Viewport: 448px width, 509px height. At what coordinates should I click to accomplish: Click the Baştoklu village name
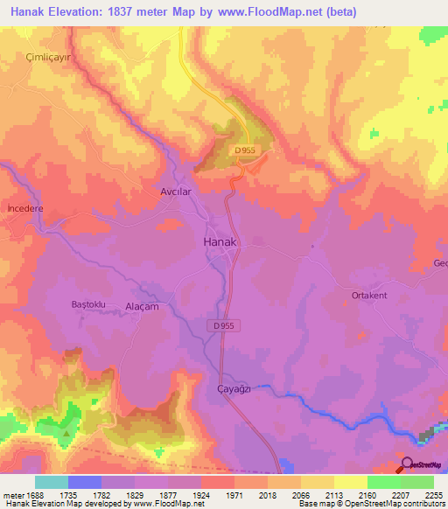(87, 303)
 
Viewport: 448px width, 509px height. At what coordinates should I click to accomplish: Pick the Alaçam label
(142, 306)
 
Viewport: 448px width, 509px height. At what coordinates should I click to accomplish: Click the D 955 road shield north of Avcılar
(246, 151)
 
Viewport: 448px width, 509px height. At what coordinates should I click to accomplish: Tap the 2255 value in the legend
(434, 495)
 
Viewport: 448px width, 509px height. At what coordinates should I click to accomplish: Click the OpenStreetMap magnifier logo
(406, 464)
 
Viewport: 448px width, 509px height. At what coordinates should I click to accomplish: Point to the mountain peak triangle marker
(66, 432)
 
